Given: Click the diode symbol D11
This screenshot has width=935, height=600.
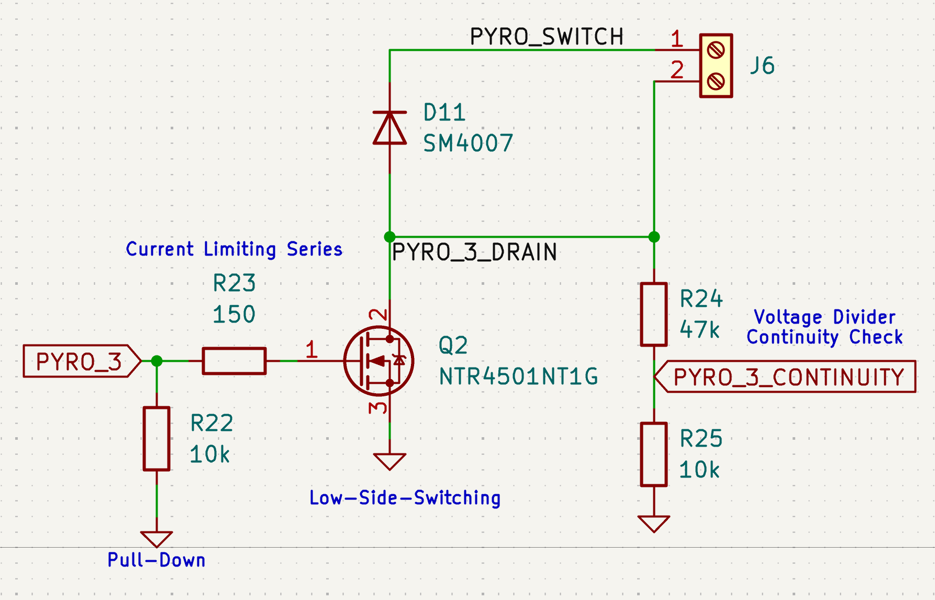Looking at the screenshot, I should coord(389,128).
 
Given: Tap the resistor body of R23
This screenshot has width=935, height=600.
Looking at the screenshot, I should coord(234,361).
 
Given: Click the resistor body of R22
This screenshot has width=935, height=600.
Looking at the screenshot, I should coord(157,438).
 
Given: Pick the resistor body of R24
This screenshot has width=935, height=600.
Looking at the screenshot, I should coord(654,314).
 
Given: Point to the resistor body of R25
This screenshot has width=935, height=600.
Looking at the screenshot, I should coord(654,454).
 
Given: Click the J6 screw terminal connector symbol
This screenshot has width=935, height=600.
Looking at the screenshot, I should coord(716,65).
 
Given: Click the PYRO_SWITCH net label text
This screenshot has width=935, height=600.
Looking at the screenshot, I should coord(547,37).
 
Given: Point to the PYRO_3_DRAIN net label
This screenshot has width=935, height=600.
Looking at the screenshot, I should coord(474,252).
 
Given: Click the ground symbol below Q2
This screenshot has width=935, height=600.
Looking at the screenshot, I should coord(389,461).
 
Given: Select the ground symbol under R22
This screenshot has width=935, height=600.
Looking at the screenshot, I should coord(157,539).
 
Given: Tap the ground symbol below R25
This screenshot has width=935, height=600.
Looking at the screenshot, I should coord(654,524).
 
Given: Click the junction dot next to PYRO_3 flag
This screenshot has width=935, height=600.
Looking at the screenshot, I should coord(157,361).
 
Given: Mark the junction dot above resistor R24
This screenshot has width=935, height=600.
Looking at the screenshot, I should coord(654,237).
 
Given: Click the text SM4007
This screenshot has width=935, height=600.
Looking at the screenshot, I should coord(467,143).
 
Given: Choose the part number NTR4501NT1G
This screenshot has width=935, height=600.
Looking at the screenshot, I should coord(518,376).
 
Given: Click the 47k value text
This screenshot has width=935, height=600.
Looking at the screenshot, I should coord(699,330).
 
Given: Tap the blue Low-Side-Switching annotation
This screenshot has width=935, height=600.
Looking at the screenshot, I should coord(405,498).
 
